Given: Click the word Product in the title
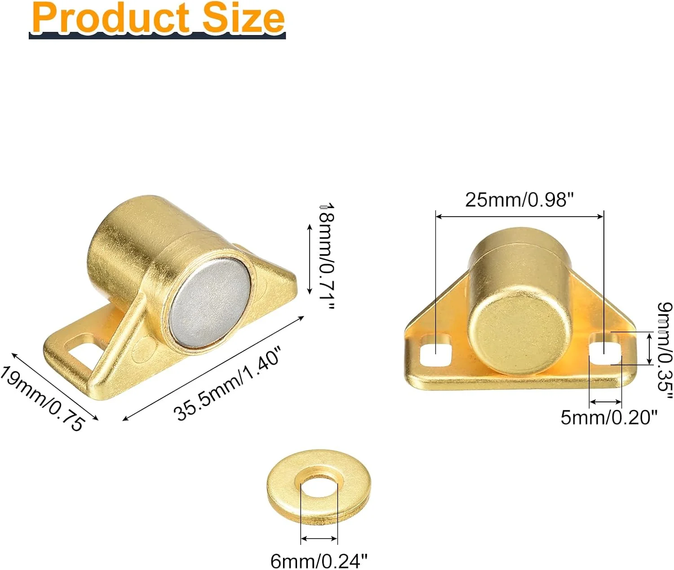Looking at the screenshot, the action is tap(111, 18).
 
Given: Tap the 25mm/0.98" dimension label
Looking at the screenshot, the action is tap(519, 200).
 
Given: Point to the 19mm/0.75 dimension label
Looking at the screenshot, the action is tap(42, 398).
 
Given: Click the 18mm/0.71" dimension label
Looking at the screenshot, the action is tap(326, 256).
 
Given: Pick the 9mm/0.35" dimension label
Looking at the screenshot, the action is tap(665, 350).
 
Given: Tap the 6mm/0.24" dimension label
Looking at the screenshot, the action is tap(319, 561).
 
